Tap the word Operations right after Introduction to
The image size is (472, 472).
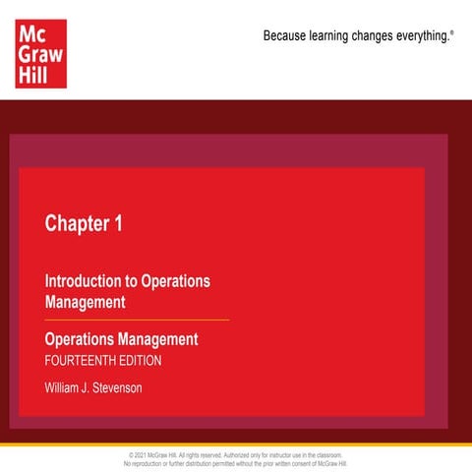click(x=176, y=280)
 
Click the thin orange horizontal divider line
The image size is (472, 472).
click(x=137, y=320)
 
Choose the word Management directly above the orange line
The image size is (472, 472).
click(x=85, y=302)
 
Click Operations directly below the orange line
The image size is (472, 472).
click(x=78, y=339)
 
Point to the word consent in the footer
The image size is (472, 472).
click(x=304, y=463)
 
